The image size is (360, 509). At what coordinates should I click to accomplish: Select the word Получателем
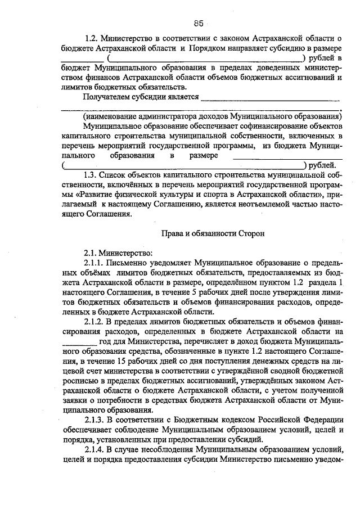(x=107, y=96)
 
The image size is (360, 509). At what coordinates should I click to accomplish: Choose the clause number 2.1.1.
(x=96, y=262)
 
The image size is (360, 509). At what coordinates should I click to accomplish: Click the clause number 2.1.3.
(x=96, y=421)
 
